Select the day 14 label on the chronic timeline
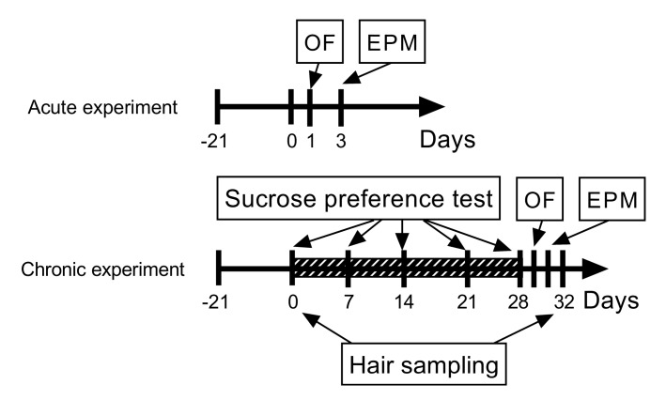(x=404, y=304)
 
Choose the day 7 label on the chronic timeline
(x=348, y=304)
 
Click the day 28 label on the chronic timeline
(x=519, y=304)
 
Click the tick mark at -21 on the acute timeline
(x=217, y=107)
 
